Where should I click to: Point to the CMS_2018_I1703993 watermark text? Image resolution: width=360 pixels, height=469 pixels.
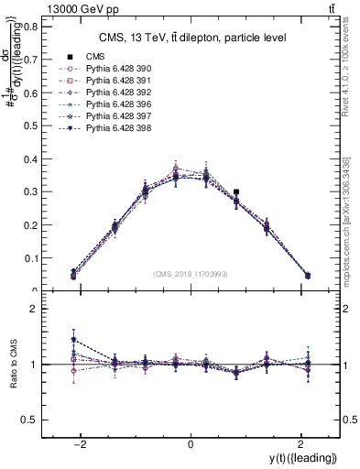[x=191, y=273]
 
